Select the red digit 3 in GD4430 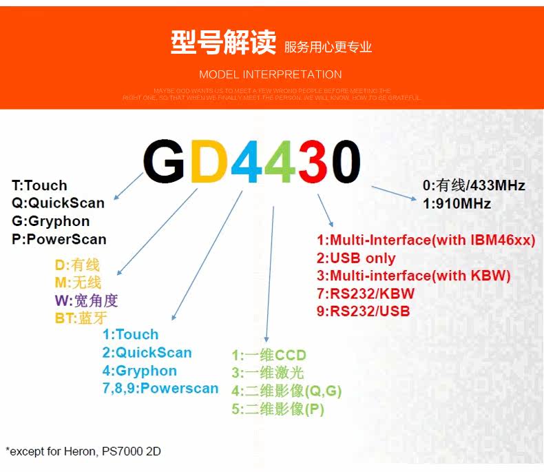pyautogui.click(x=311, y=162)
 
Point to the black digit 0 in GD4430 pyautogui.click(x=345, y=162)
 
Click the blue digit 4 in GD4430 pyautogui.click(x=245, y=162)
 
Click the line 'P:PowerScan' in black pyautogui.click(x=59, y=239)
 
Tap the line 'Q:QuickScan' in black pyautogui.click(x=58, y=203)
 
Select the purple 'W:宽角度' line pyautogui.click(x=87, y=300)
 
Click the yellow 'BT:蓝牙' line pyautogui.click(x=78, y=318)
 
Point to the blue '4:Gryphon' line pyautogui.click(x=140, y=371)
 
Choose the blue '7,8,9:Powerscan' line pyautogui.click(x=160, y=389)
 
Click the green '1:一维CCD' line pyautogui.click(x=269, y=356)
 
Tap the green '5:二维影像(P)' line pyautogui.click(x=278, y=409)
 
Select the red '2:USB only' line pyautogui.click(x=356, y=258)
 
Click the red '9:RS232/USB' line pyautogui.click(x=363, y=311)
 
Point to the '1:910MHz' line pyautogui.click(x=457, y=203)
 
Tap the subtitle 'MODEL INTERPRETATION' pyautogui.click(x=271, y=74)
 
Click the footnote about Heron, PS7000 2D pyautogui.click(x=83, y=451)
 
